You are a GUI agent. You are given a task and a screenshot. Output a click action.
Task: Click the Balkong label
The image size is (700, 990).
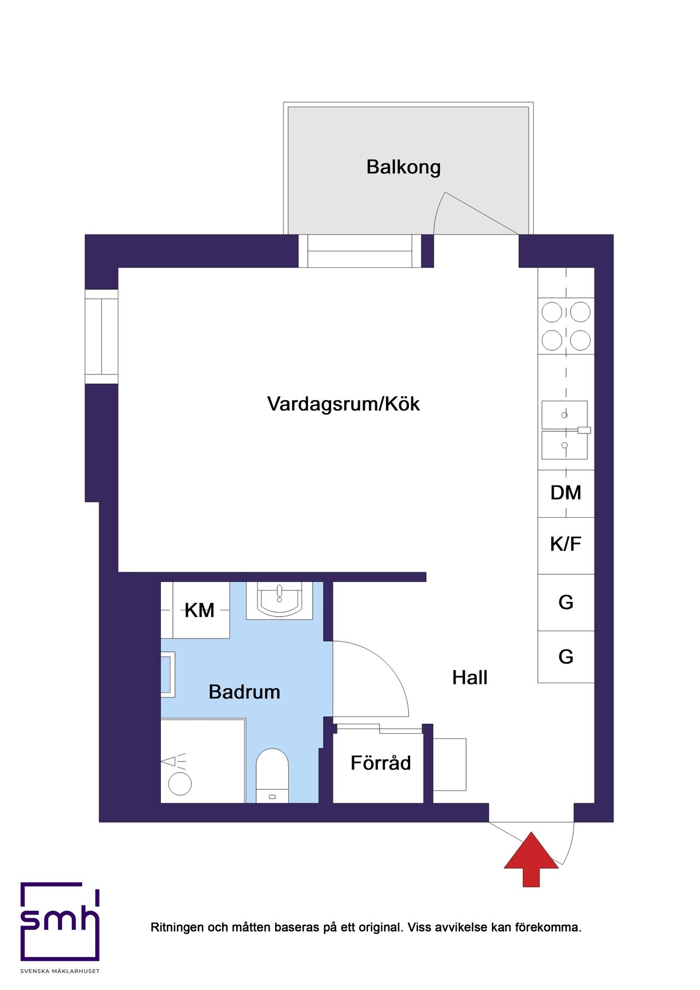(x=404, y=167)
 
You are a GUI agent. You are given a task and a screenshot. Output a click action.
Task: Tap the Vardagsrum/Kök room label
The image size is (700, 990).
(x=343, y=404)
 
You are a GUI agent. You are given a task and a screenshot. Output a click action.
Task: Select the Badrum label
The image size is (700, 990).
(x=244, y=692)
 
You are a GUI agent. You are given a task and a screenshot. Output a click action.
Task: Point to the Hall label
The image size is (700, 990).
(x=470, y=678)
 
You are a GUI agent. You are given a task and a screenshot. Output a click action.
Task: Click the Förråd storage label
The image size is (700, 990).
(x=381, y=763)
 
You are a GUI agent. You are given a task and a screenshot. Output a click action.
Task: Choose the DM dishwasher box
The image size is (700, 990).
(x=566, y=494)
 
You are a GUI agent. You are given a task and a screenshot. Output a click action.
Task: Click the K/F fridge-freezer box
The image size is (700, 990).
(x=566, y=546)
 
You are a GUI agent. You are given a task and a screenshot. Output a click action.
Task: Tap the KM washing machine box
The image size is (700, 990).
(x=201, y=610)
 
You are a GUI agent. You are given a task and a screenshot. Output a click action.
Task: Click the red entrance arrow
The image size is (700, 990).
(x=531, y=859)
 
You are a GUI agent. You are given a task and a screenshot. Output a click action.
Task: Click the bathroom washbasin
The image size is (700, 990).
(x=279, y=600)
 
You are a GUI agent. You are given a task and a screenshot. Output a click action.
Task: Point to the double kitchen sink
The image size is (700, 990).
(x=565, y=430)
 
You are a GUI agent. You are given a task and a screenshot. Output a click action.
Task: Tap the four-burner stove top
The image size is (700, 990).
(x=566, y=326)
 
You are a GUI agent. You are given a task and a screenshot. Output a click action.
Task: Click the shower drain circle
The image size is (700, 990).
(x=180, y=784)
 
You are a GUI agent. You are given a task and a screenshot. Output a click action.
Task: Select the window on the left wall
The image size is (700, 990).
(x=102, y=337)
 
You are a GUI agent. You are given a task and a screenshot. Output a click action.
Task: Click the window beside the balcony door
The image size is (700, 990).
(x=360, y=251)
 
